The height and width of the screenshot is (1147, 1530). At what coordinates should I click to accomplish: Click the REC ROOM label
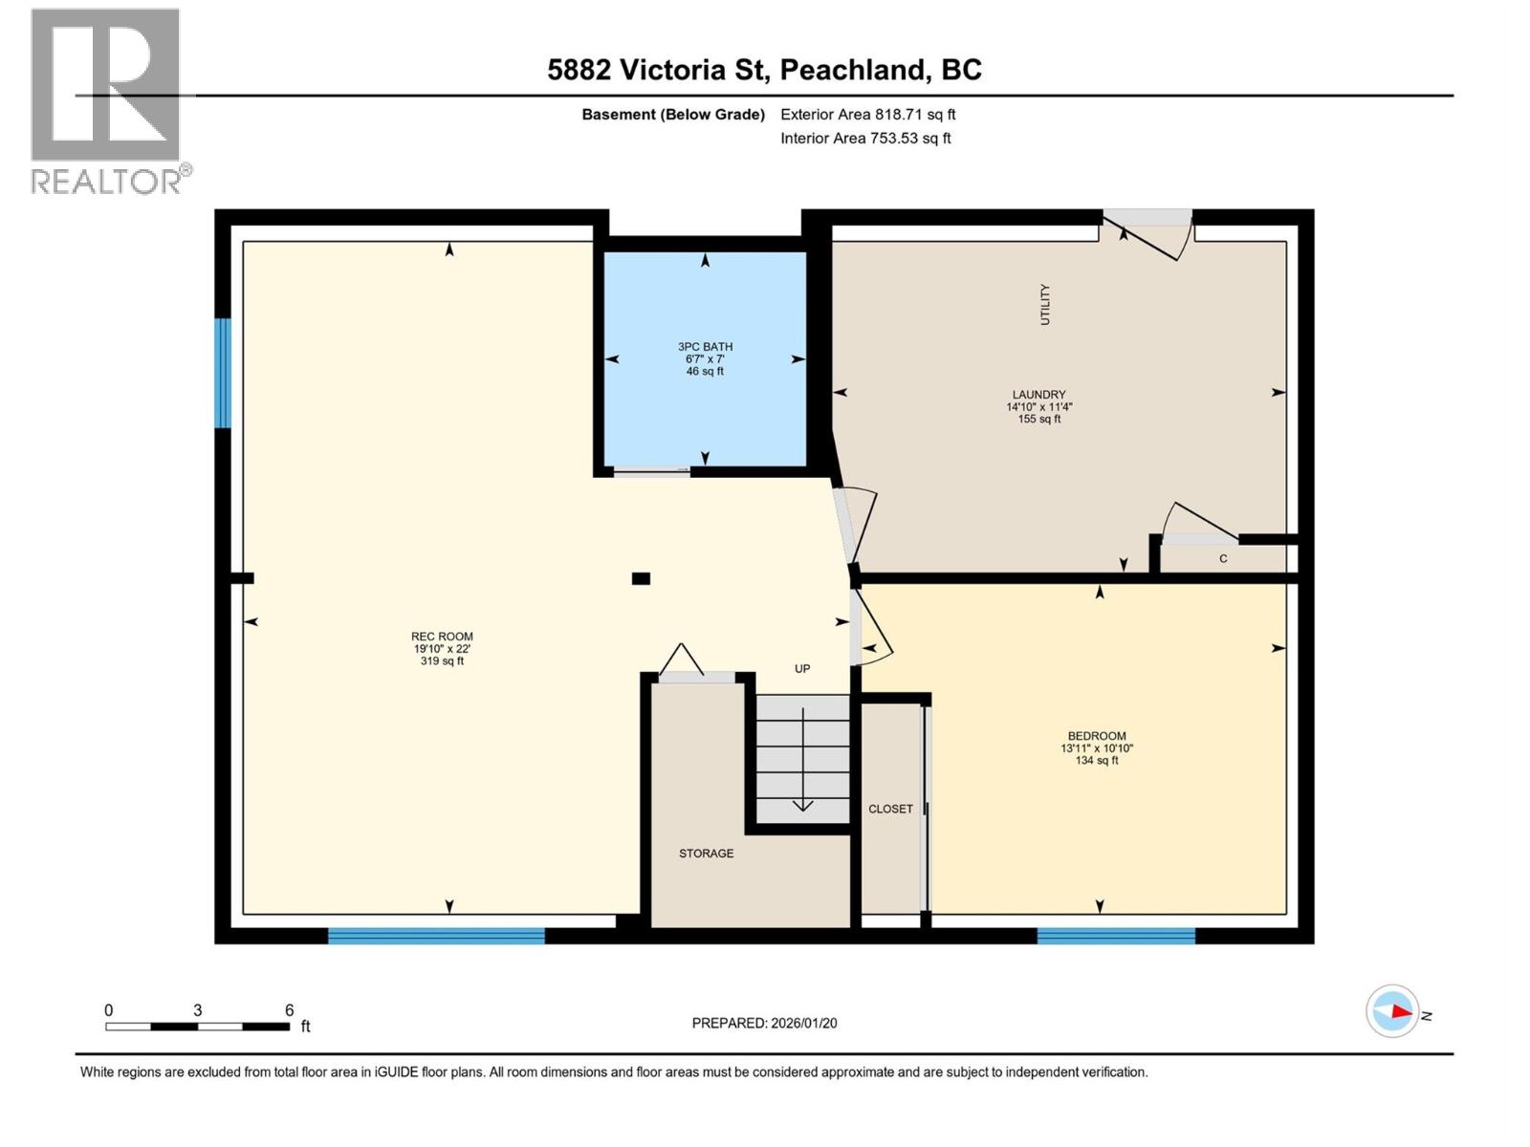[442, 637]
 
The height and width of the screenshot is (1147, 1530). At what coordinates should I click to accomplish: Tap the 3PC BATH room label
[705, 347]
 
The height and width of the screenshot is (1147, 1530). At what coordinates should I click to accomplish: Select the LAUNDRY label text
[1038, 395]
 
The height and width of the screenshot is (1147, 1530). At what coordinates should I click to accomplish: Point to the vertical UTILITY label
[1044, 304]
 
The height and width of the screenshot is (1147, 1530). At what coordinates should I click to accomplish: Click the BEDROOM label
[1096, 736]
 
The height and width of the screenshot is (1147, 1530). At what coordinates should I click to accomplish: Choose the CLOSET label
[890, 809]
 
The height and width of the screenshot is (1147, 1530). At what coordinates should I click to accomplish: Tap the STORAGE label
[706, 854]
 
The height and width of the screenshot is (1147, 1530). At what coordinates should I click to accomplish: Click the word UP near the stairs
[802, 669]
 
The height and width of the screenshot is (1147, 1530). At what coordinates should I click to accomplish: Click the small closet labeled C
[1223, 559]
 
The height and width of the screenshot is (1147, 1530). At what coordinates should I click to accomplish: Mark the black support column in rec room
[641, 578]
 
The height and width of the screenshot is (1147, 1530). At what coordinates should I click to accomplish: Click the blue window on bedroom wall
[1116, 936]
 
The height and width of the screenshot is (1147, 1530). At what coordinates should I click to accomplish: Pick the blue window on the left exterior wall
[223, 373]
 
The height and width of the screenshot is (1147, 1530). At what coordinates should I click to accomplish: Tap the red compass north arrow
[1401, 1011]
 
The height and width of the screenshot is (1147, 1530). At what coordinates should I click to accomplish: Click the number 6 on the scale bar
[289, 1010]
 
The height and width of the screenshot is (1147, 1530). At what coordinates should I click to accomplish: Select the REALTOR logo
[107, 100]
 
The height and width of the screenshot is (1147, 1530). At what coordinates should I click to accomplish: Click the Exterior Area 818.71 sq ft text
[867, 115]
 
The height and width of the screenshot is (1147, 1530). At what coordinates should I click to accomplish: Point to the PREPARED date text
[764, 1023]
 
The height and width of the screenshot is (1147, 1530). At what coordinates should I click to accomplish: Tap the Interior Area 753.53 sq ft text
[864, 139]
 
